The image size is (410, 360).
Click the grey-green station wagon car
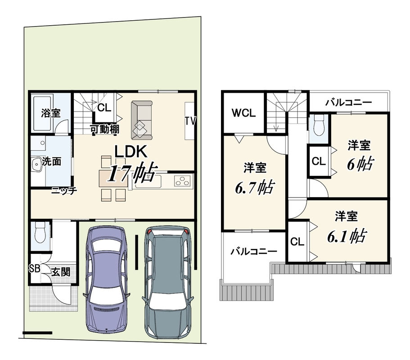[x=167, y=282]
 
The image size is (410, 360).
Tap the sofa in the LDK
[x=141, y=120]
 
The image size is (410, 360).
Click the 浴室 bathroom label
[x=51, y=113]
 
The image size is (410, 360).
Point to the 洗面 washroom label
[x=51, y=162]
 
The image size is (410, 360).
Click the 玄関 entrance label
[x=61, y=272]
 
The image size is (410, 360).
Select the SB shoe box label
[x=34, y=269]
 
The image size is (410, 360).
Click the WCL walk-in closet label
[x=243, y=113]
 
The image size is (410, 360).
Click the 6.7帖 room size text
[x=255, y=187]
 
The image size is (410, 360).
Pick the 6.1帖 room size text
[x=347, y=236]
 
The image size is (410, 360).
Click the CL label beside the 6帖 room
[x=319, y=161]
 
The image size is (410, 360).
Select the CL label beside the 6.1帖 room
[x=297, y=242]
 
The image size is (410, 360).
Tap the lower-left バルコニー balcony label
[x=254, y=252]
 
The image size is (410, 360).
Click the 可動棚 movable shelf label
[x=105, y=129]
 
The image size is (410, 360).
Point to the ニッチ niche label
[x=64, y=190]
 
